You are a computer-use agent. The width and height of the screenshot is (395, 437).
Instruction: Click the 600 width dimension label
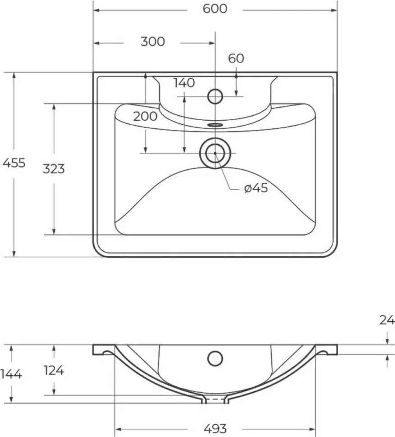pyautogui.click(x=215, y=9)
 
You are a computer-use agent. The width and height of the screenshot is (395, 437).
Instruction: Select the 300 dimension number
pyautogui.click(x=152, y=41)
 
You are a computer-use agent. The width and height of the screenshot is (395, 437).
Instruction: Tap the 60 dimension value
pyautogui.click(x=236, y=58)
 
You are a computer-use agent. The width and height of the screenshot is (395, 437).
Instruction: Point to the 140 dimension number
pyautogui.click(x=184, y=83)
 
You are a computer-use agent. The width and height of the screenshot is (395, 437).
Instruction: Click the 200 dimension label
pyautogui.click(x=145, y=116)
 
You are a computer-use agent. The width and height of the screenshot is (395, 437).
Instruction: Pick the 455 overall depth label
pyautogui.click(x=14, y=163)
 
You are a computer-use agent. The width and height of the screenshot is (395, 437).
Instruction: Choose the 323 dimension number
pyautogui.click(x=54, y=169)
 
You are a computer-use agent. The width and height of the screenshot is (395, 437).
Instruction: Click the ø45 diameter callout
pyautogui.click(x=256, y=188)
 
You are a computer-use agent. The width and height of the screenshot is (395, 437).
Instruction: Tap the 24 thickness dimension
pyautogui.click(x=387, y=320)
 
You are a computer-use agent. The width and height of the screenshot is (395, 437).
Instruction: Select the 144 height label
pyautogui.click(x=11, y=374)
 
